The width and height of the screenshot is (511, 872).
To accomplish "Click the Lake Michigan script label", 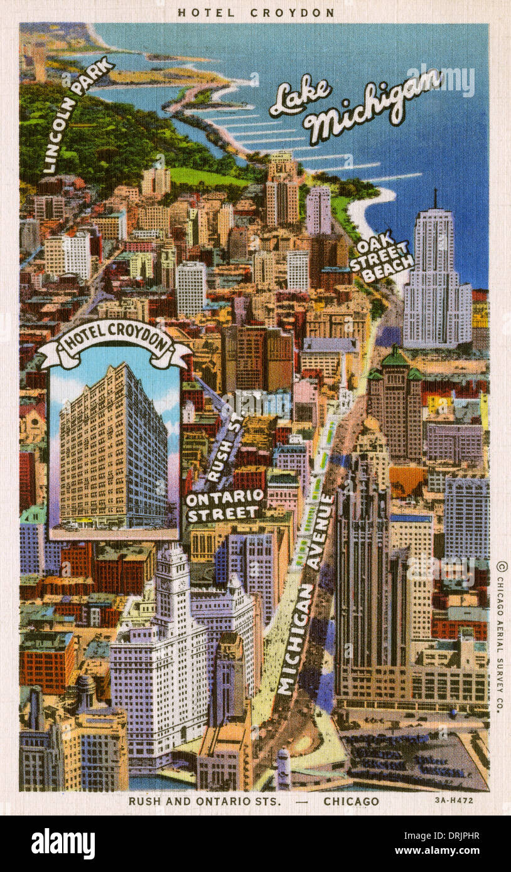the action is pos(355,104).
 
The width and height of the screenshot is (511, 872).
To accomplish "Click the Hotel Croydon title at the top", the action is pos(255,13).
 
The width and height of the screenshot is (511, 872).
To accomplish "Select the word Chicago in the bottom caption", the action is pos(351,801).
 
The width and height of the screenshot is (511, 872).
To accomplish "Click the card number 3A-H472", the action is pos(453,800).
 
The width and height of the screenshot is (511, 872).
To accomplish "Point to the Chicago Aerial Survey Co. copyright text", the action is pos(500,637).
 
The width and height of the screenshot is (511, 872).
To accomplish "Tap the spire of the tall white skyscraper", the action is pos(434,199).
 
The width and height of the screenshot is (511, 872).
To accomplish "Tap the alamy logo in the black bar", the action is pos(63,844).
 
